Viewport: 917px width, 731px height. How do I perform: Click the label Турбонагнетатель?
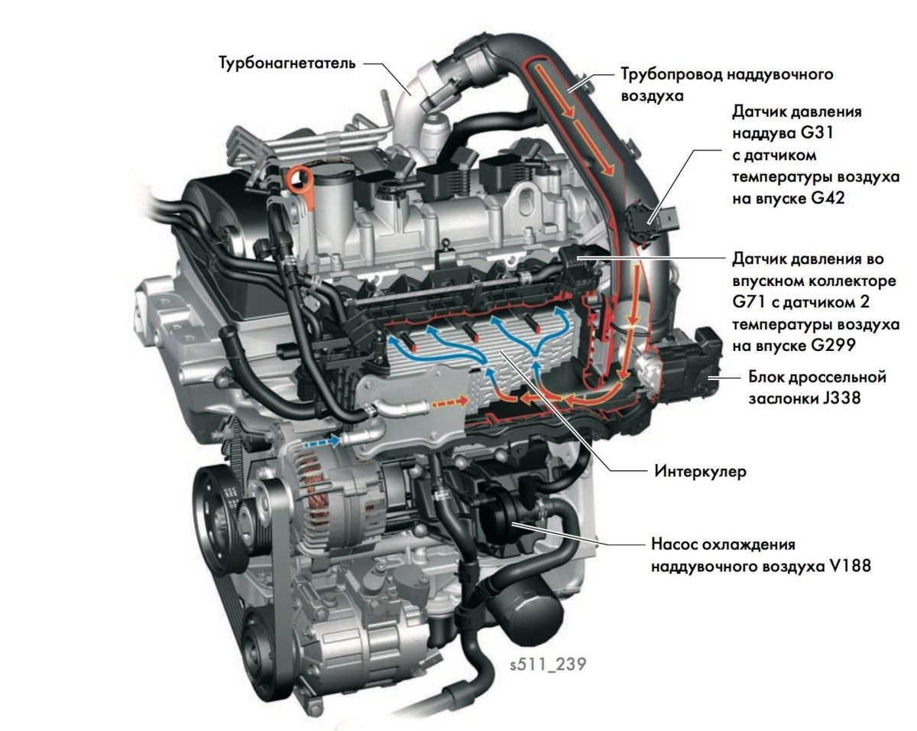[287, 62]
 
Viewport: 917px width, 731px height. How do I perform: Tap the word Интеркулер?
[698, 471]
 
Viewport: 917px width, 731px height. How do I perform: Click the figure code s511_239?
[548, 663]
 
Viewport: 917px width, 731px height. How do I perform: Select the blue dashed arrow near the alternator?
[322, 441]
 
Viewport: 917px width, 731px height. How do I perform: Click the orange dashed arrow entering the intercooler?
[446, 400]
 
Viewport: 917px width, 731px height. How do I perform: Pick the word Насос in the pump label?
[676, 545]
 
